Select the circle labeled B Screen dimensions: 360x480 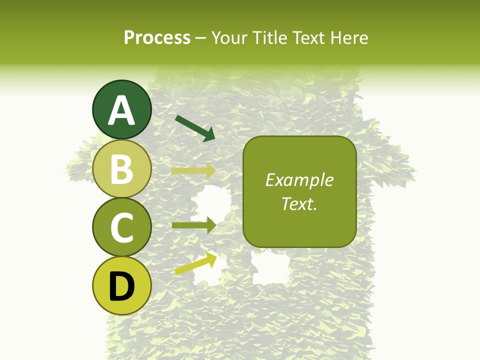pyautogui.click(x=121, y=168)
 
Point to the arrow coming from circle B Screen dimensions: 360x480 pyautogui.click(x=193, y=171)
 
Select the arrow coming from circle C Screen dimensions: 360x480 pyautogui.click(x=193, y=225)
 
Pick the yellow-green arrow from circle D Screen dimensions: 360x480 pyautogui.click(x=195, y=263)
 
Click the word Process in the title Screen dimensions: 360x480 pyautogui.click(x=157, y=38)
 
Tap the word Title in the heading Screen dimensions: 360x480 pyautogui.click(x=271, y=38)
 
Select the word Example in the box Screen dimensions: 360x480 pyautogui.click(x=299, y=180)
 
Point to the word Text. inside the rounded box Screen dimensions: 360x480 pyautogui.click(x=299, y=203)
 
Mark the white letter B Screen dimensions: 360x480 pyautogui.click(x=121, y=169)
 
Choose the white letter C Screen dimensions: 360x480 pyautogui.click(x=121, y=227)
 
